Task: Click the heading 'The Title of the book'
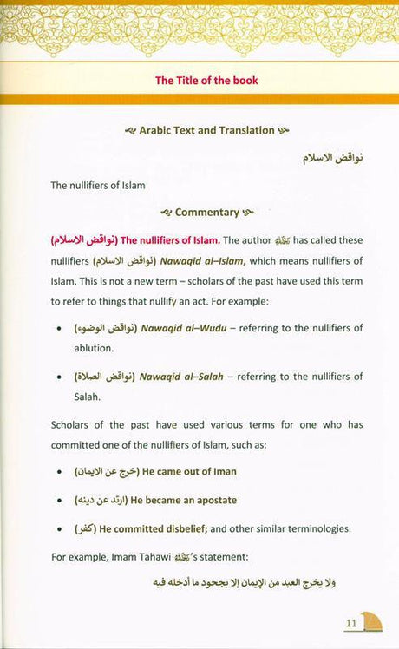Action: point(206,81)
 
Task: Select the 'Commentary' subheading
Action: point(206,212)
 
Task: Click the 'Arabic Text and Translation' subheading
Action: point(206,130)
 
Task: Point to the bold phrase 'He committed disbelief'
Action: point(160,529)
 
